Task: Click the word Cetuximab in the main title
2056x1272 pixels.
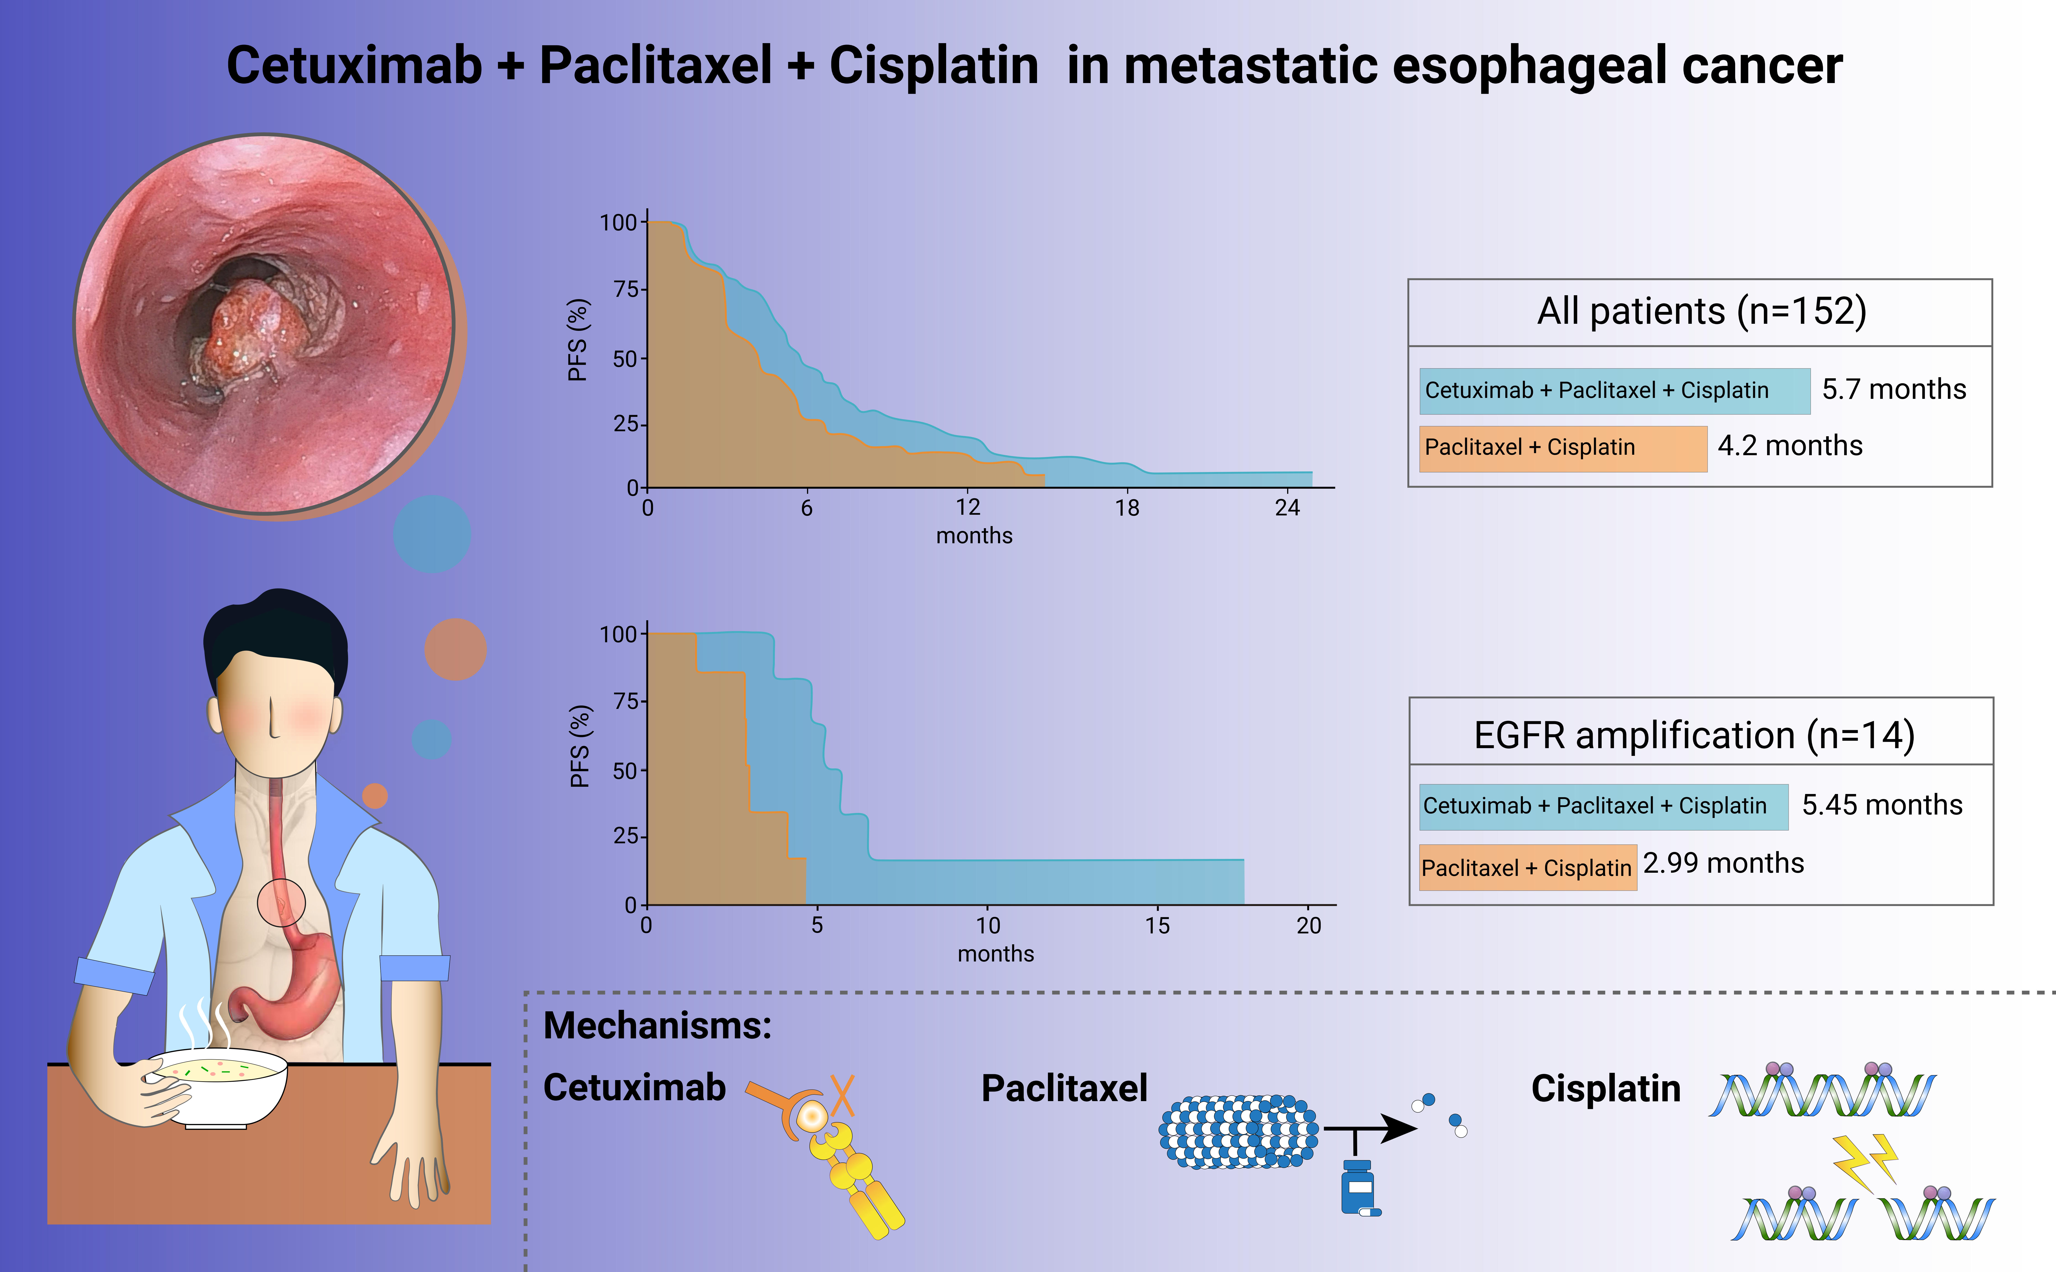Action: [x=354, y=66]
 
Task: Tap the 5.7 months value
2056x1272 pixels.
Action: [x=1894, y=389]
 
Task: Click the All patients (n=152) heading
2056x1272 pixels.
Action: [x=1701, y=311]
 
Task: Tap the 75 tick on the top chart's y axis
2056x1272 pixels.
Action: [x=626, y=289]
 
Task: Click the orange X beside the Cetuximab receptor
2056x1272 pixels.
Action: [x=842, y=1095]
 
